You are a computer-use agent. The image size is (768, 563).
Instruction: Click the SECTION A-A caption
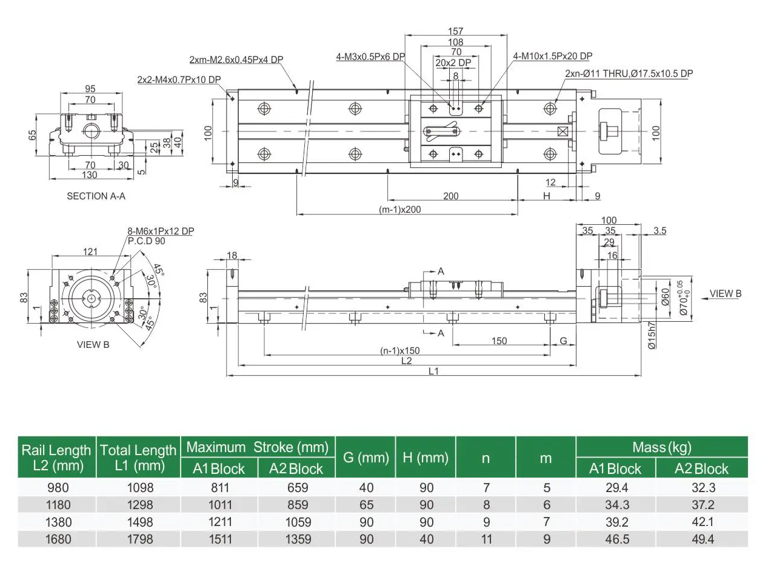point(96,196)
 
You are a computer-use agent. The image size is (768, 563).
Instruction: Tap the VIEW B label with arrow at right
point(725,294)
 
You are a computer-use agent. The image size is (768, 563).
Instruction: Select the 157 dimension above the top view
point(455,32)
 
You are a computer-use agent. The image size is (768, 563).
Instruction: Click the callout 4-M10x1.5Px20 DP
point(552,56)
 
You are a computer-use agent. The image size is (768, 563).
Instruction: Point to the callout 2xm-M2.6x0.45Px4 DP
point(236,59)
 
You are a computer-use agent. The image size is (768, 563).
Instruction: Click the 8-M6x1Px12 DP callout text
point(161,232)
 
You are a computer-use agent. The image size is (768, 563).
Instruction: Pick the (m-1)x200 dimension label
point(399,210)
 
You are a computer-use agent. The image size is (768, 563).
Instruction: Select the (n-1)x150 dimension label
point(399,350)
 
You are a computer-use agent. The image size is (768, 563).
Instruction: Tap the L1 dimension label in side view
point(433,371)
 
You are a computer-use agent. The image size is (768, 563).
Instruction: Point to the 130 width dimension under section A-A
point(89,175)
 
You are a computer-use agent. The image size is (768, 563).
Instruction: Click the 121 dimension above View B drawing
point(90,252)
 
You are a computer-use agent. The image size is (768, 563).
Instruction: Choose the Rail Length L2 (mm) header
point(56,458)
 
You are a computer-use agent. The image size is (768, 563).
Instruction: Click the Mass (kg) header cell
point(661,447)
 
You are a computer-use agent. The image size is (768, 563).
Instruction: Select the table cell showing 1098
point(138,487)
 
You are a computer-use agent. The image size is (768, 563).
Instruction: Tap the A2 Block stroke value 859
point(296,504)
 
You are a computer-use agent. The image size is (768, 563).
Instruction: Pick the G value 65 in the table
point(366,504)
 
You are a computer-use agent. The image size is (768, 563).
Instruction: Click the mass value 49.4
point(701,539)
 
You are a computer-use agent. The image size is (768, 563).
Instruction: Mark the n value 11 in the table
point(486,539)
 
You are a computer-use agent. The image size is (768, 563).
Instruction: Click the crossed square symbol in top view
point(563,131)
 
